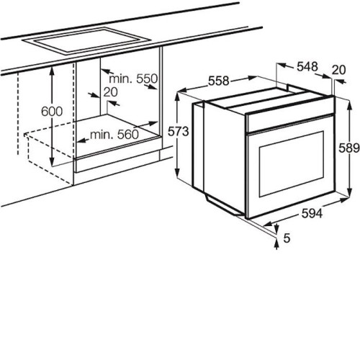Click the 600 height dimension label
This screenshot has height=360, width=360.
pos(52,112)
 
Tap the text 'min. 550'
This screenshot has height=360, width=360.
pos(133,78)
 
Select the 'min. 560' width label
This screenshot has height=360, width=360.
pos(114,135)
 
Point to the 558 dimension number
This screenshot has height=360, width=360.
pos(219,81)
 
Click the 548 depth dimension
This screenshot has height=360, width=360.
pos(307,66)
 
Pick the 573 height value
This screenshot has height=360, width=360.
pos(179,132)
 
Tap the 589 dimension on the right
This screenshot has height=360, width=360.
pos(349,148)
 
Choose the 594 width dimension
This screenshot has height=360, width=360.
pos(312,213)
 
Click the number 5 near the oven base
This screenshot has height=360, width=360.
pos(287,238)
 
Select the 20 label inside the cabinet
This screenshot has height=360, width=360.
pos(111,92)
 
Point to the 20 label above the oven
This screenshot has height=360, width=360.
pos(339,70)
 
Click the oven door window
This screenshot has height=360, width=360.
pos(292,164)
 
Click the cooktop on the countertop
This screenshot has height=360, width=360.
pos(87,41)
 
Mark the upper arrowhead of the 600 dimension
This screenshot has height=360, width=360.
pos(52,71)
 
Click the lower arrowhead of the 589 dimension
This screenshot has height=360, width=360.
pos(349,193)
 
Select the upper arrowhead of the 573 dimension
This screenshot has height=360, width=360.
pos(177,96)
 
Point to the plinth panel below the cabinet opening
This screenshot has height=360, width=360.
pos(117,161)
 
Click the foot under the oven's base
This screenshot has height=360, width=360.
pos(225,204)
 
